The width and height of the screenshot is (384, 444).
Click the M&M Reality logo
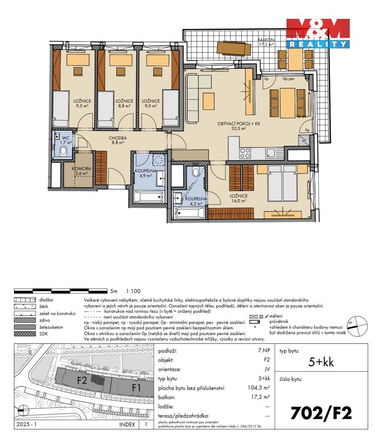[318, 33]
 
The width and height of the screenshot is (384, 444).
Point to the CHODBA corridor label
[118, 141]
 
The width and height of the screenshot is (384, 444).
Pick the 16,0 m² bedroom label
[238, 199]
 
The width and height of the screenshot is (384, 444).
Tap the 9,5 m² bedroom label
[83, 103]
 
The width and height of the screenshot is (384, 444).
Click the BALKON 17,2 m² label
[266, 42]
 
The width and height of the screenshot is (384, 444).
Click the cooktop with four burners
[245, 153]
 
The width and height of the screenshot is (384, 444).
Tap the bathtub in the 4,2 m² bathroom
[190, 213]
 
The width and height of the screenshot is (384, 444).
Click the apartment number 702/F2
[321, 413]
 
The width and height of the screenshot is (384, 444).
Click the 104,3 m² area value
[261, 388]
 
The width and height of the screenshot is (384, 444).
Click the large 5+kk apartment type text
[321, 362]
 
